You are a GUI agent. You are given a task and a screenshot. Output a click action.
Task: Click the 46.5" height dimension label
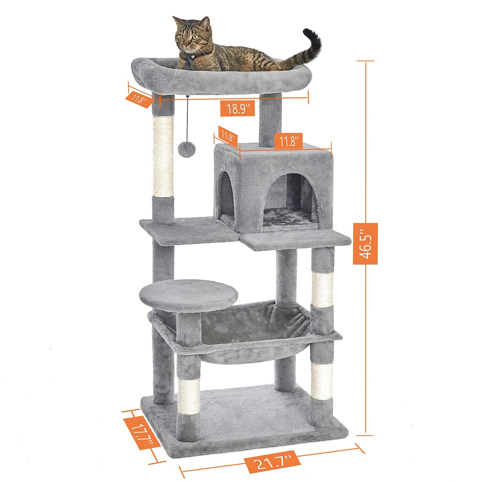pos(365,244)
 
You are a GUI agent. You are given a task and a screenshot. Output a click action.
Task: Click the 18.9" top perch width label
pos(237,108)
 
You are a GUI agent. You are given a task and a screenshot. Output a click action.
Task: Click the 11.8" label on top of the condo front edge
pos(289,141)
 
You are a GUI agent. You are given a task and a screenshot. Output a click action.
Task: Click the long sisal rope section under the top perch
pos(163,156)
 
